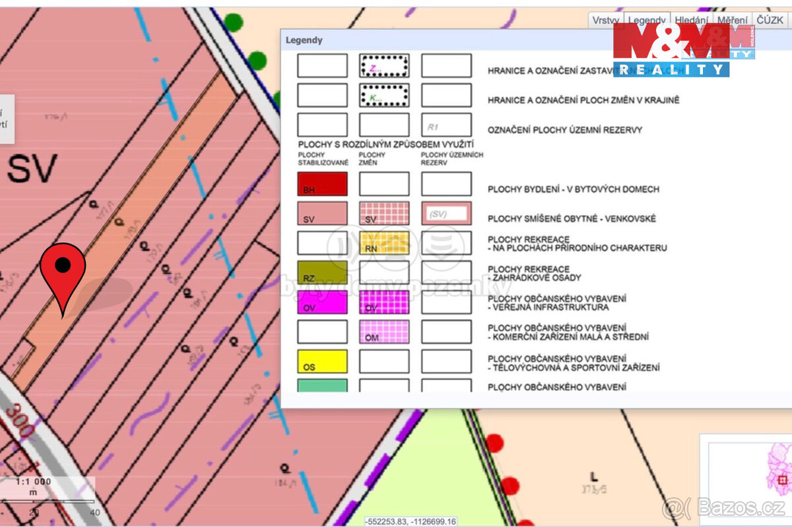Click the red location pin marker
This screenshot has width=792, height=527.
point(63,267)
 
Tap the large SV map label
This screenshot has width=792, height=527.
point(32,170)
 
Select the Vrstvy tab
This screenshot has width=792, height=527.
point(605,20)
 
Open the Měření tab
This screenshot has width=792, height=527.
point(733,20)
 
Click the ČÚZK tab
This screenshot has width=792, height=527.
point(770,20)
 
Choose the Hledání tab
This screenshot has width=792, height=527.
point(691,20)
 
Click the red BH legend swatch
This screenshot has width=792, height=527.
point(322,184)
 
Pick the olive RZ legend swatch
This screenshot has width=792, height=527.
point(322,272)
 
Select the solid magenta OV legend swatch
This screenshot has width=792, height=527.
point(322,302)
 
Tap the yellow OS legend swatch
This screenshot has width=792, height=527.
point(322,361)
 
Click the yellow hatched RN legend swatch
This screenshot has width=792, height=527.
point(384,243)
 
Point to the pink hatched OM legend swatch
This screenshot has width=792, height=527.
point(384,332)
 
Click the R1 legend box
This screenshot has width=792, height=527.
point(446,125)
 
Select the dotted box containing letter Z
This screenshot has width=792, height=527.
point(384,66)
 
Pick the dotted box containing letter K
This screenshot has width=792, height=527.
point(384,96)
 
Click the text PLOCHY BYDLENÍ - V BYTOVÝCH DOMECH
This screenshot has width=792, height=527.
point(573,189)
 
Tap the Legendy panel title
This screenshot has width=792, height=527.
point(304,40)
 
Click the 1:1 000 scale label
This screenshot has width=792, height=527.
point(34,481)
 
